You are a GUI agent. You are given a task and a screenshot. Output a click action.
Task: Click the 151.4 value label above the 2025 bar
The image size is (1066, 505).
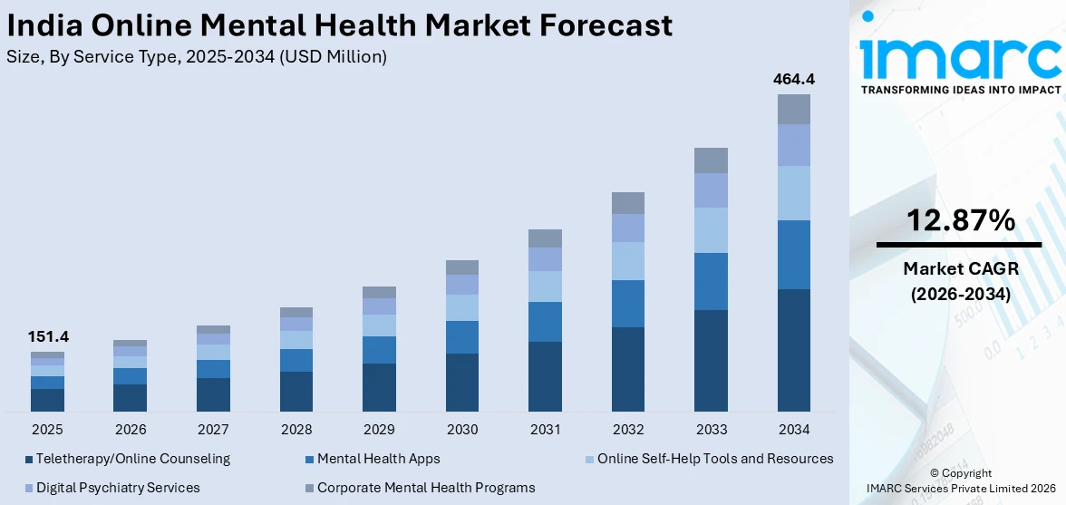pos(48,337)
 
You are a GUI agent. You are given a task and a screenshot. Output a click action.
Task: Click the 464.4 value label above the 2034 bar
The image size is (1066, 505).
pos(793,80)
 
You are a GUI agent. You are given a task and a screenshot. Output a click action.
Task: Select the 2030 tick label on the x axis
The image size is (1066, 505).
pos(462,429)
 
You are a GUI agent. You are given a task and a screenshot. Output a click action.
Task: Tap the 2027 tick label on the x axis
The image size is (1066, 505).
pos(213,429)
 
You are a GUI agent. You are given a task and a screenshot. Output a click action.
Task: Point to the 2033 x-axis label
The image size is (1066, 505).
pos(711,429)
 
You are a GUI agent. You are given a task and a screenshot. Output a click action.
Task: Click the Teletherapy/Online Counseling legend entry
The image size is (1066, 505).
pos(132,459)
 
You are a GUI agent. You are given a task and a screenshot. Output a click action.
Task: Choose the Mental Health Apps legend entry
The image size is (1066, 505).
pos(378,459)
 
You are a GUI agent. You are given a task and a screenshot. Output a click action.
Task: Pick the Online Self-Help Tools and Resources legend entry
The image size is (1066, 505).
pos(714,459)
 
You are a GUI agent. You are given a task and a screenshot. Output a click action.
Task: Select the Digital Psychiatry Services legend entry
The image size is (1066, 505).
pos(118,488)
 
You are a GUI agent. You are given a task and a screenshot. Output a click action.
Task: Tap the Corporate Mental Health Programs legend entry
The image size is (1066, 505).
pos(425,488)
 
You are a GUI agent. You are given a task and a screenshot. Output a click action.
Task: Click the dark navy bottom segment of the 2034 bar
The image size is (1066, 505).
pos(793,350)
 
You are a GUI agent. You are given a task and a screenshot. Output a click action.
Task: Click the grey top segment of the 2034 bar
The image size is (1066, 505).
pos(793,109)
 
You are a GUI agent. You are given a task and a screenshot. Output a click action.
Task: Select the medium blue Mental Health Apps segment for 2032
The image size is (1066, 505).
pos(628,304)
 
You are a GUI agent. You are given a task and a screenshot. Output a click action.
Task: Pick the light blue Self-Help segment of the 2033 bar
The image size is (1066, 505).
pos(711,230)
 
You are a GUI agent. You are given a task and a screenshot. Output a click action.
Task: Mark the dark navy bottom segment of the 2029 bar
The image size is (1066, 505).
pos(379,387)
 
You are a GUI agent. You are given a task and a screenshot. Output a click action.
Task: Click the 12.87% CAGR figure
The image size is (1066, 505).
pos(958,220)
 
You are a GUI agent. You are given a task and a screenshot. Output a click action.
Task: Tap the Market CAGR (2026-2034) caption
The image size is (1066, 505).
pos(958,281)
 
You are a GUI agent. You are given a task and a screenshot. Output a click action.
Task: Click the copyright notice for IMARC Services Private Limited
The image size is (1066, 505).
pos(960,481)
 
